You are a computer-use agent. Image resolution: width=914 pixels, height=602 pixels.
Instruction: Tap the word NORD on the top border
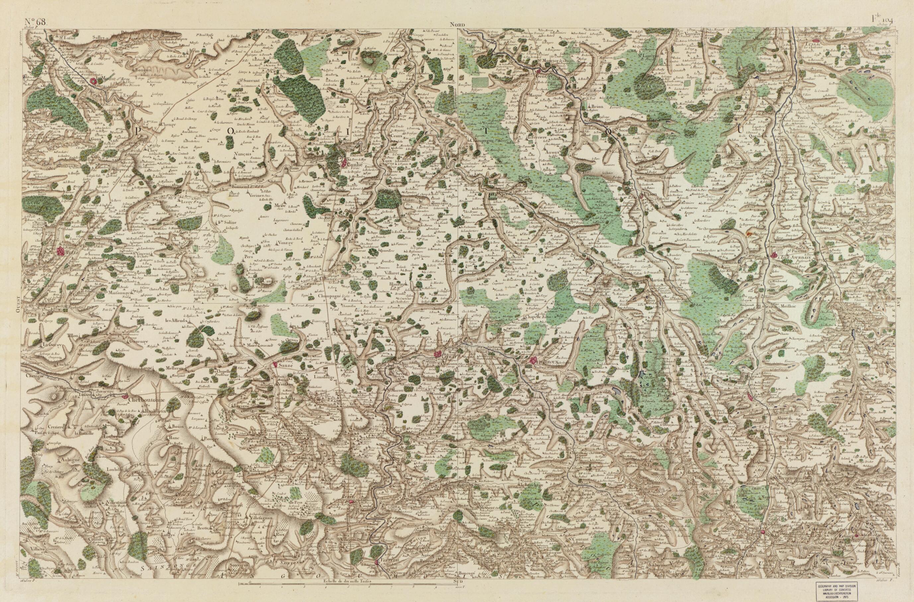pyautogui.click(x=458, y=25)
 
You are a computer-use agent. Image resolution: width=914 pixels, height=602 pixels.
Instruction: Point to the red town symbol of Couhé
pyautogui.click(x=344, y=163)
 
